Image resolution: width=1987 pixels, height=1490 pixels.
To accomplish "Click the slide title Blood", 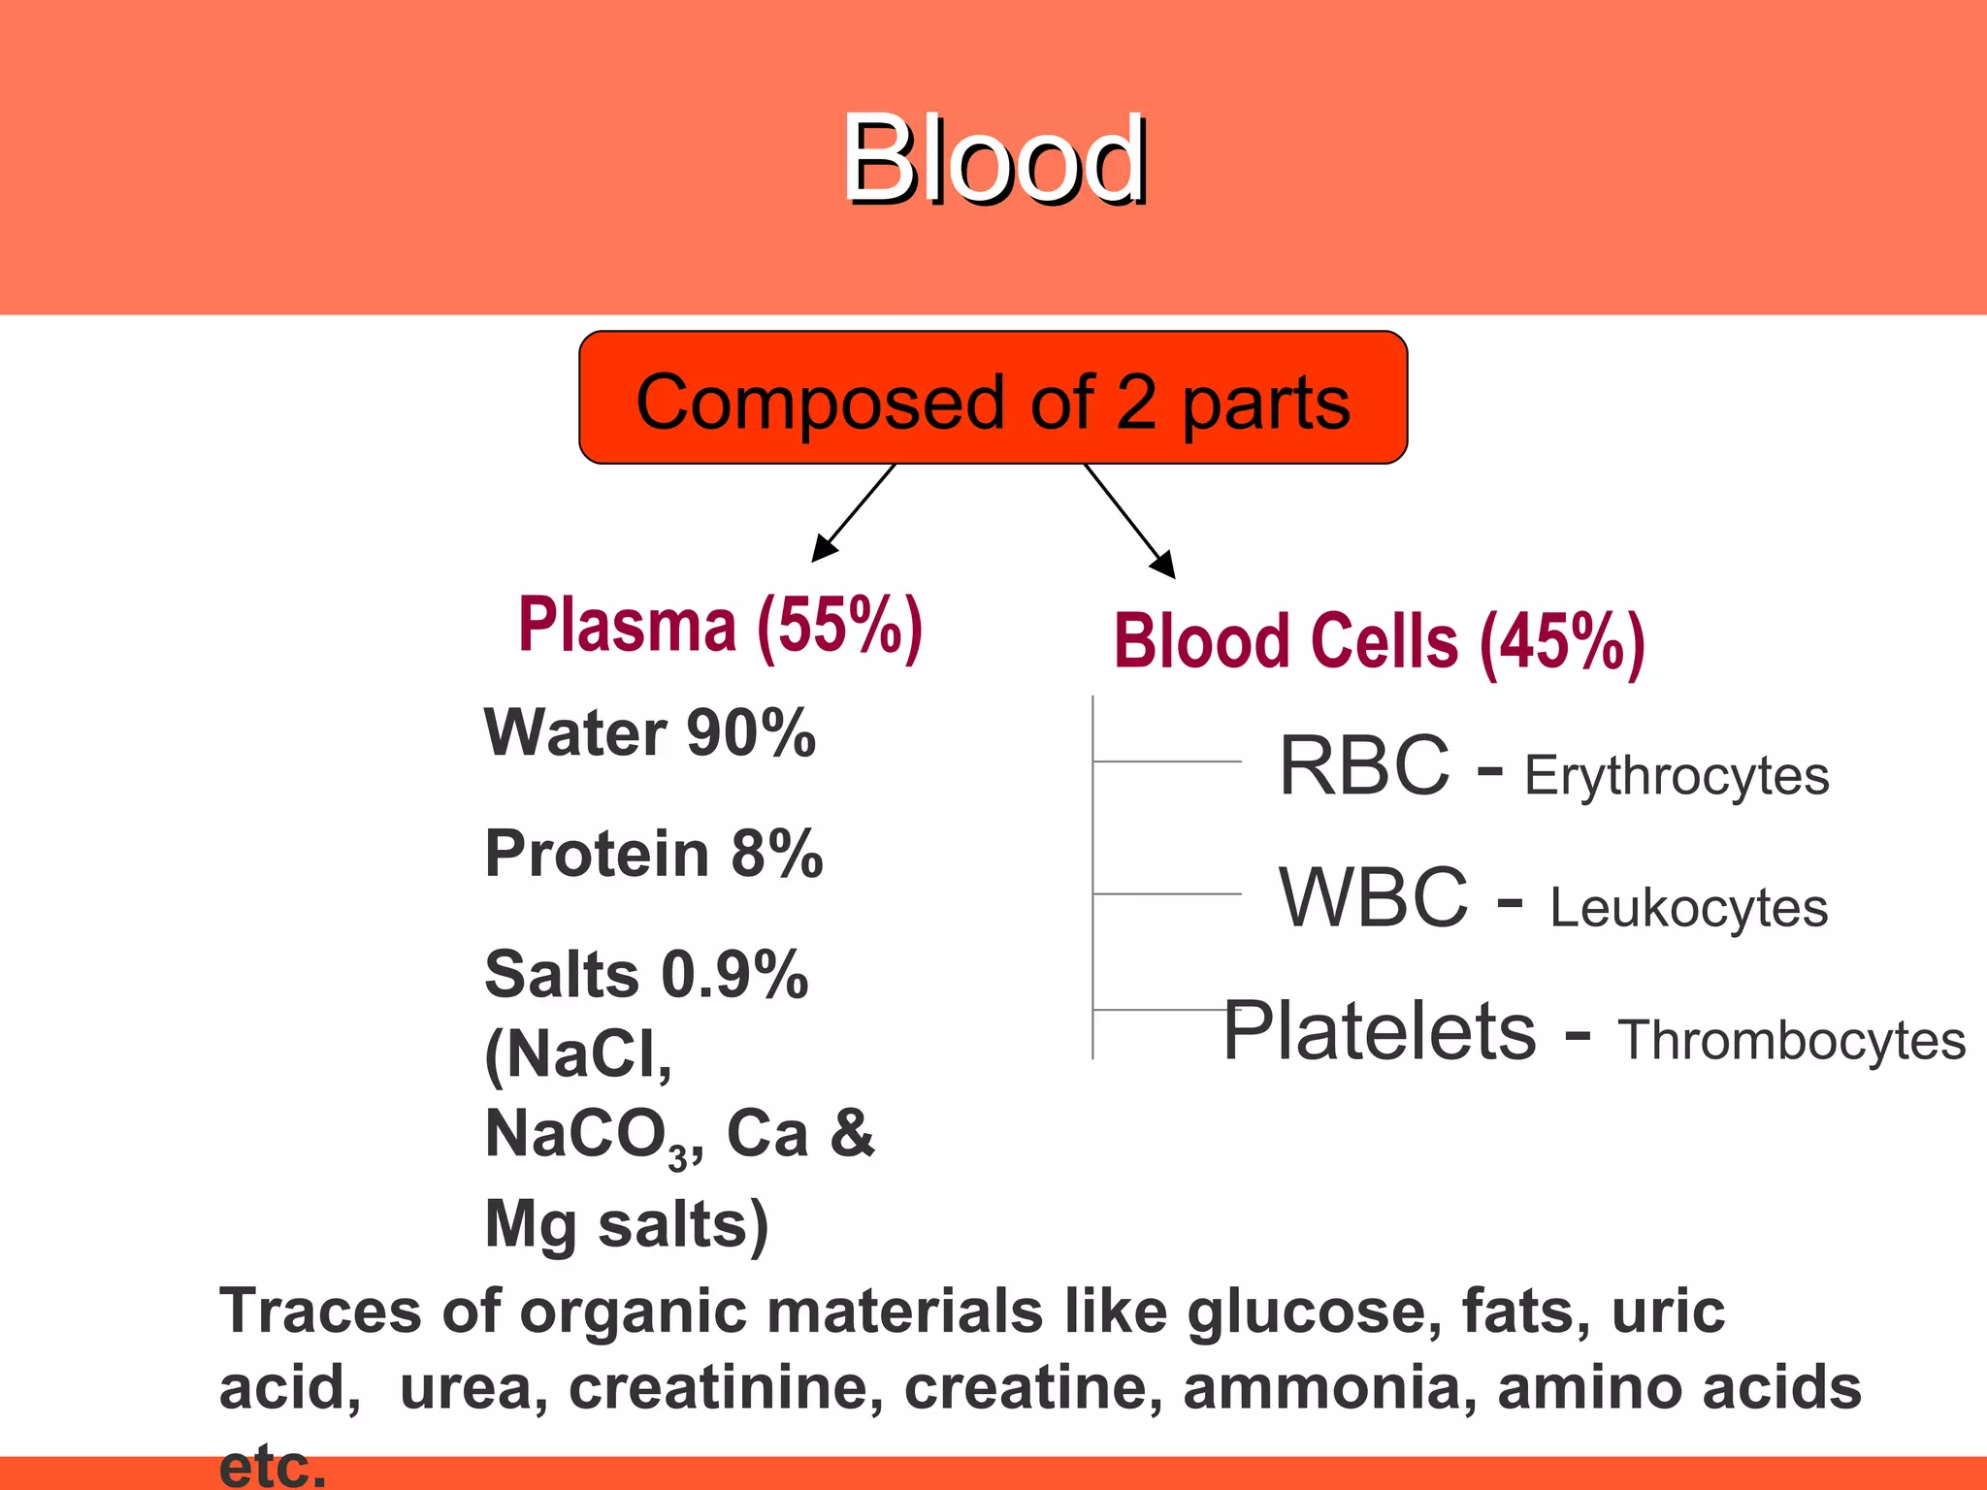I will pyautogui.click(x=994, y=160).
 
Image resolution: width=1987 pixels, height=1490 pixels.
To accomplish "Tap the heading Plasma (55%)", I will pyautogui.click(x=720, y=627).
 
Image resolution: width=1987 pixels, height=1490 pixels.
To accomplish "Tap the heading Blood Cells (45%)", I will pyautogui.click(x=1379, y=642).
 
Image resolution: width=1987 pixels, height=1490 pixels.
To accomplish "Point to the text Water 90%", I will pyautogui.click(x=649, y=733).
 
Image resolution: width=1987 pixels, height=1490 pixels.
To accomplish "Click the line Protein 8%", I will pyautogui.click(x=653, y=855).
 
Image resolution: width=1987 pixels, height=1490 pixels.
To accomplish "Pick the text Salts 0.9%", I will pyautogui.click(x=645, y=975).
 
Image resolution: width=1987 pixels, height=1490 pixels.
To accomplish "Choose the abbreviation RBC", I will pyautogui.click(x=1363, y=766).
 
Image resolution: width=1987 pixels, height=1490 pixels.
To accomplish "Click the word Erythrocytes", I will pyautogui.click(x=1676, y=776).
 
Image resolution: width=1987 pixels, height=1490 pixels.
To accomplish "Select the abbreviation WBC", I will pyautogui.click(x=1373, y=898).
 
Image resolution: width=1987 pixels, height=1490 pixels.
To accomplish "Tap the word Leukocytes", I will pyautogui.click(x=1688, y=909).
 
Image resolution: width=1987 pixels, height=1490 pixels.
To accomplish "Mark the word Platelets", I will pyautogui.click(x=1379, y=1031).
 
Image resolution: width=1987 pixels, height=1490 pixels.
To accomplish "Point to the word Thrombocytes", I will pyautogui.click(x=1791, y=1041).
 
